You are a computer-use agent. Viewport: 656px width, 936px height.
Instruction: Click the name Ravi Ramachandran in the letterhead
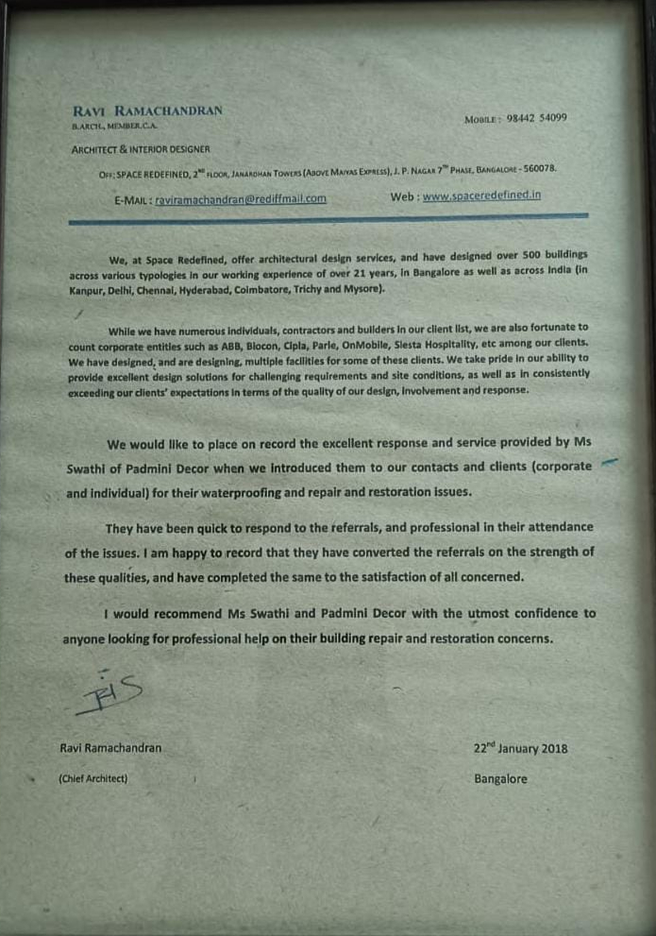tap(147, 111)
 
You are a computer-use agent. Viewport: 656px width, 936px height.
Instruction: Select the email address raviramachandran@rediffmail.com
tap(240, 199)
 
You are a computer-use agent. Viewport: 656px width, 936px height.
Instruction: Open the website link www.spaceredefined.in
tap(481, 196)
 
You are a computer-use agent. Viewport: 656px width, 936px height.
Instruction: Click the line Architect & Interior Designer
tap(141, 149)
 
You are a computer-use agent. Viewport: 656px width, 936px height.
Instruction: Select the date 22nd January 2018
tap(520, 749)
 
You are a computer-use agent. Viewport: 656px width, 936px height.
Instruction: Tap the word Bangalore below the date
tap(500, 779)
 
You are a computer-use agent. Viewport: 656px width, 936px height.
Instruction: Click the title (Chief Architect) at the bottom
tap(93, 779)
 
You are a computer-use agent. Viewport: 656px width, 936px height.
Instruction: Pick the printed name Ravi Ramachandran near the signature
tap(110, 748)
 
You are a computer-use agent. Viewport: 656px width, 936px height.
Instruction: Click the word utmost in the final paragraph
tap(494, 614)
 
